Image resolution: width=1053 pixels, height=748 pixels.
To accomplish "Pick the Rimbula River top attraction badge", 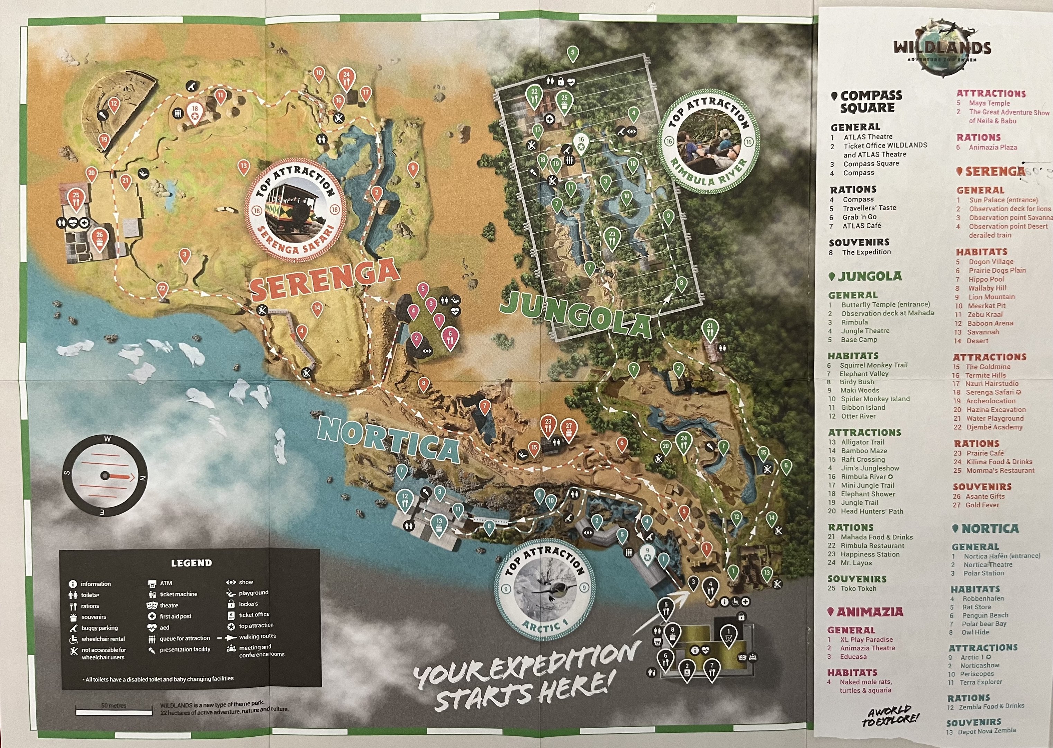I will click(708, 141).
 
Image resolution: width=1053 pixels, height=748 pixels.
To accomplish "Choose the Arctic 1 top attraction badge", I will click(544, 589).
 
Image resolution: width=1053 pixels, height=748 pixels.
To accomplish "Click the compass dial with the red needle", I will click(105, 475).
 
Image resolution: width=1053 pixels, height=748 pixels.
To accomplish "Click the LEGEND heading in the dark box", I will click(191, 563).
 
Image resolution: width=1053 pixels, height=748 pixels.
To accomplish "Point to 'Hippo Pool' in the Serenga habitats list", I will click(986, 279).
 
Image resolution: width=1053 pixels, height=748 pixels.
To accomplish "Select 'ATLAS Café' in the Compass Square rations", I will click(862, 226).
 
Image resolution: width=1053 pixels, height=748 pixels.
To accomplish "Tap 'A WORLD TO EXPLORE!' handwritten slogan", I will click(890, 715).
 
